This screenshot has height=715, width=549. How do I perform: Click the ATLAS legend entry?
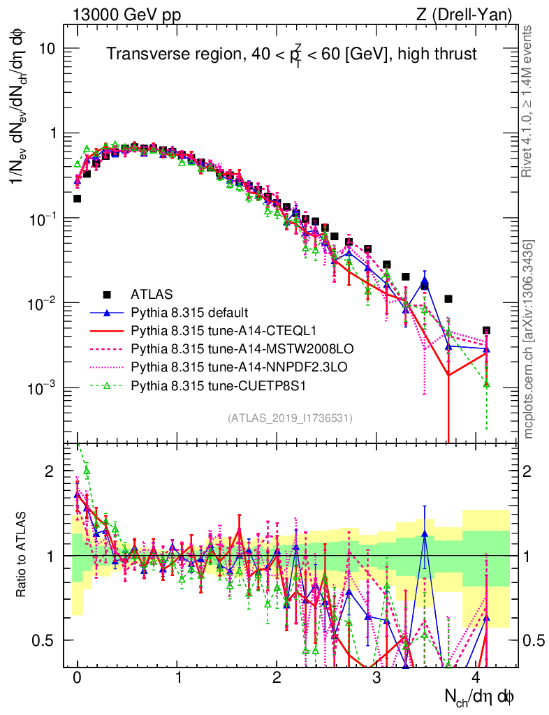pyautogui.click(x=151, y=294)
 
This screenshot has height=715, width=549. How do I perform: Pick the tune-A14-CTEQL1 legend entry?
pyautogui.click(x=201, y=330)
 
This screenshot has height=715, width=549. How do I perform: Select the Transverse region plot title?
pyautogui.click(x=291, y=54)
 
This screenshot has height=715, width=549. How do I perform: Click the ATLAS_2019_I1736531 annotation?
pyautogui.click(x=290, y=418)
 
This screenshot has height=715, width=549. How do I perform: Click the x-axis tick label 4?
pyautogui.click(x=477, y=678)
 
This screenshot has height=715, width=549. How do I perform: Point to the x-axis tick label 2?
pyautogui.click(x=277, y=678)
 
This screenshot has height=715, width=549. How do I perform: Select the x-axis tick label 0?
pyautogui.click(x=77, y=678)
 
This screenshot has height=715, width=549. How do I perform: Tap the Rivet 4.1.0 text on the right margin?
pyautogui.click(x=529, y=111)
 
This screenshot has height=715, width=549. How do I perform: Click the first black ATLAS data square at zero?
pyautogui.click(x=78, y=198)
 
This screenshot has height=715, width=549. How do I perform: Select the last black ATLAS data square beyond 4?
pyautogui.click(x=486, y=330)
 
